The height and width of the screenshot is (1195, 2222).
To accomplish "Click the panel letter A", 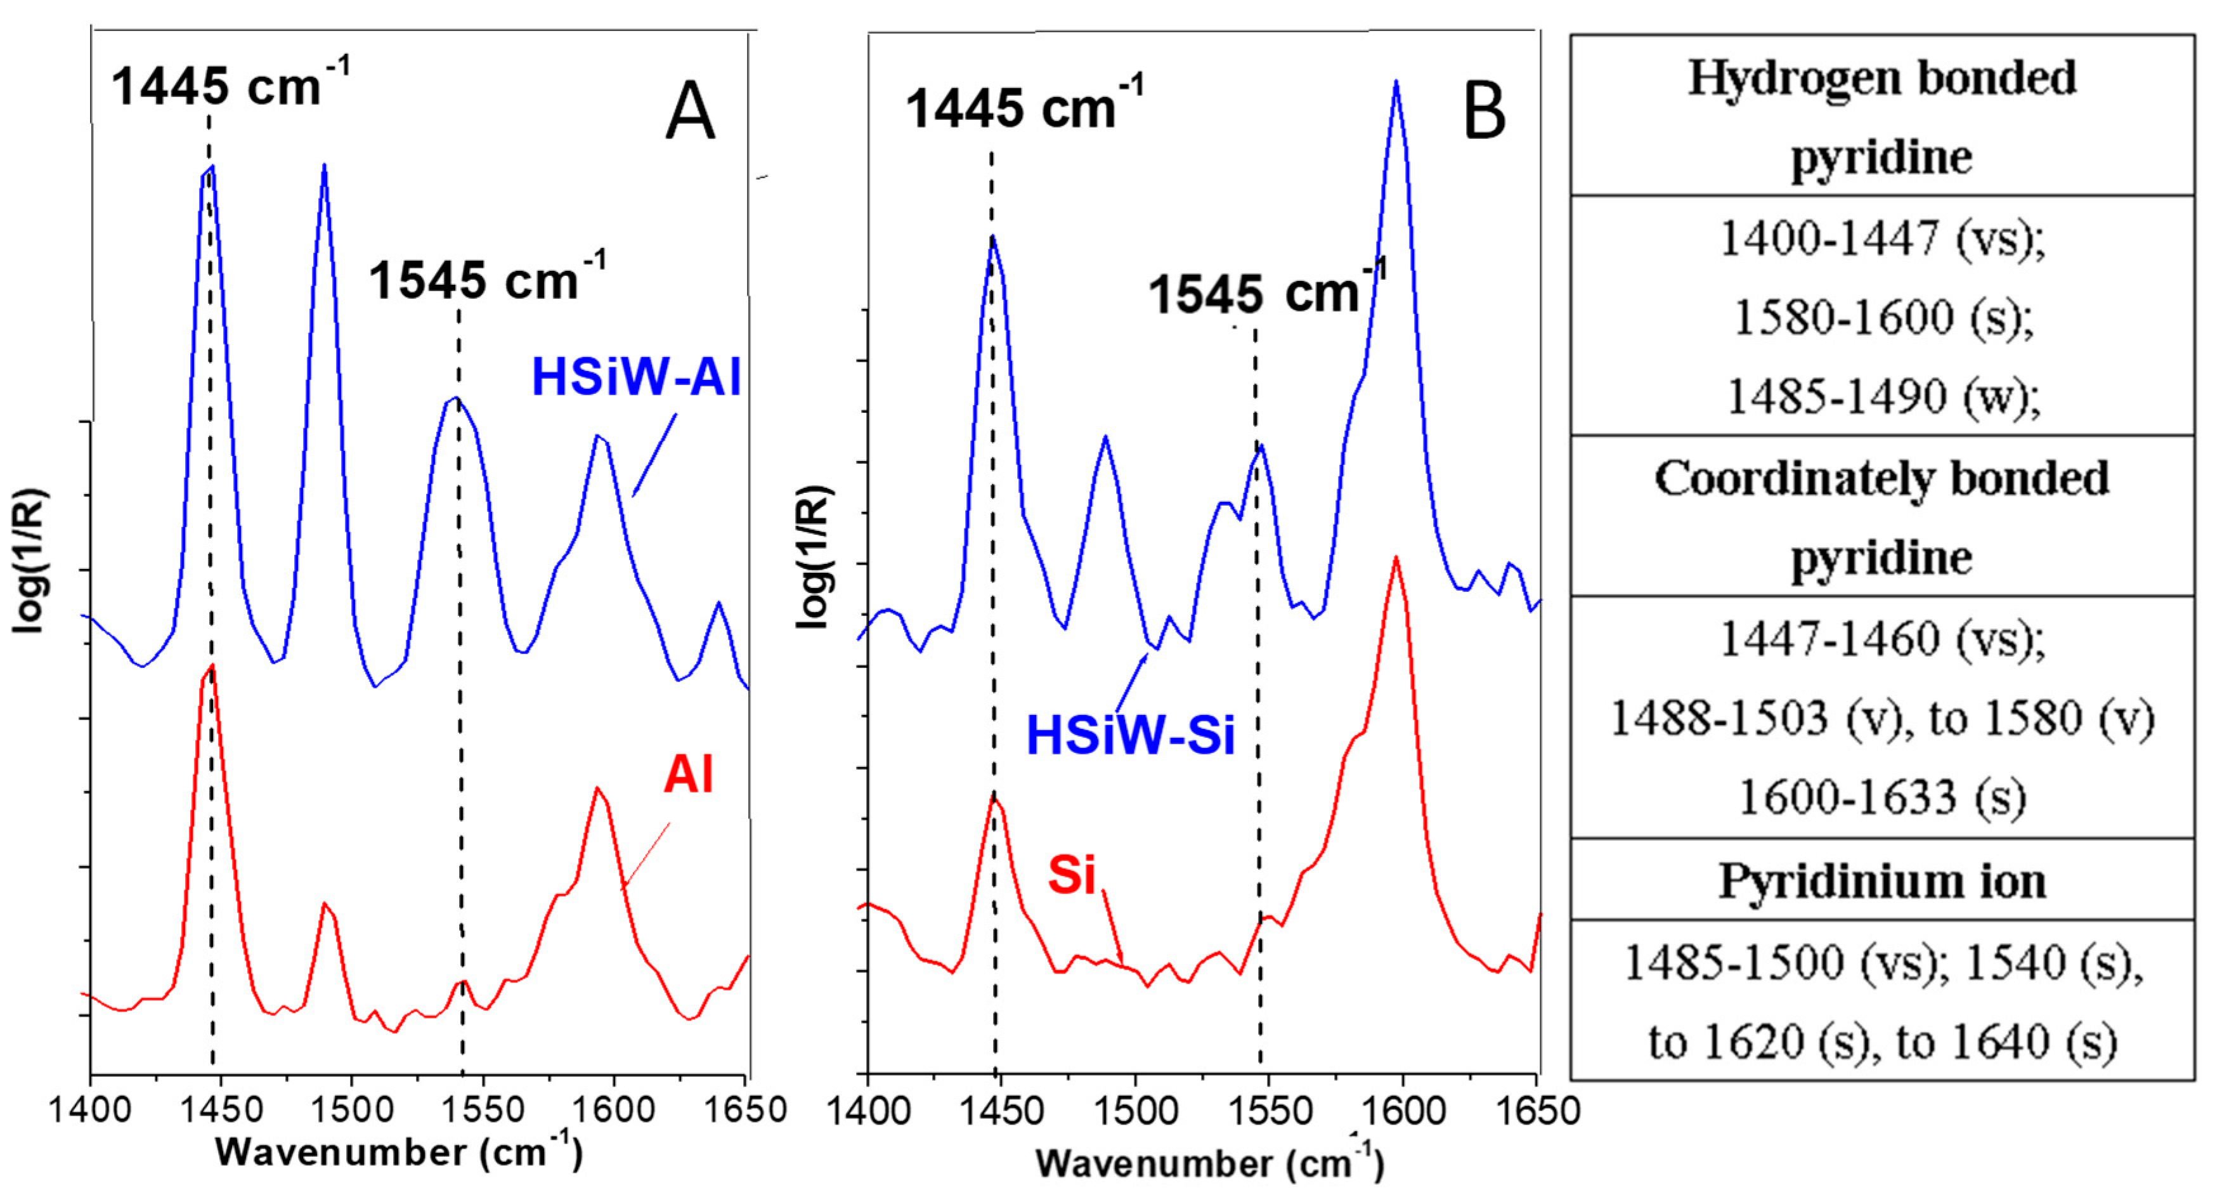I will tap(690, 112).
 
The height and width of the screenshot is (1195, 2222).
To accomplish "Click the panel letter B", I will tap(1484, 114).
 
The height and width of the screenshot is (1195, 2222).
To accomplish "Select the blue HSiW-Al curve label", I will tap(636, 377).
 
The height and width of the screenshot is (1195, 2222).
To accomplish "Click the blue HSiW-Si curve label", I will tap(1130, 736).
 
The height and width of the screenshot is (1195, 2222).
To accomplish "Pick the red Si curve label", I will tap(1070, 874).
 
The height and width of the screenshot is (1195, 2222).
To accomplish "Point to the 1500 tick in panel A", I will tap(352, 1109).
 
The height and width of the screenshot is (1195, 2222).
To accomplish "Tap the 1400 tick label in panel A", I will tap(89, 1109).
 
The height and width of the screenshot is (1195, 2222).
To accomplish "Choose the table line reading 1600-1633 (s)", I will tap(1881, 797).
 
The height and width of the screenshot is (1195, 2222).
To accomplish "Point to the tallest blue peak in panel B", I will tap(1396, 83).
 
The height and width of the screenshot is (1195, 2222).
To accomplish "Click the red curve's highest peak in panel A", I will tap(211, 667).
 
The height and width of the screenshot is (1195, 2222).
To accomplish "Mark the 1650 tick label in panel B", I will tap(1537, 1111).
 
